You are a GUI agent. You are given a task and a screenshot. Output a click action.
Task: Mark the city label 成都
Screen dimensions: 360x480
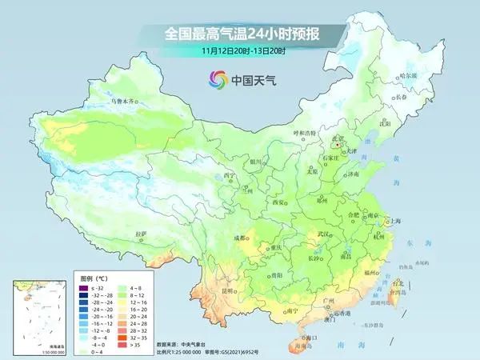click(x=239, y=238)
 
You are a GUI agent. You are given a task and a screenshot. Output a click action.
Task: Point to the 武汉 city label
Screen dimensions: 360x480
click(x=323, y=233)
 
